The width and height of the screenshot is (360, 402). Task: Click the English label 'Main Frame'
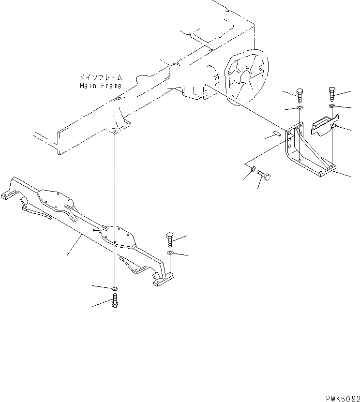(x=101, y=86)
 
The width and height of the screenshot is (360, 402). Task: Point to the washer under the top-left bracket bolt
(x=299, y=108)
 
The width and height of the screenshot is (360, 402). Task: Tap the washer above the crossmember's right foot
(x=169, y=253)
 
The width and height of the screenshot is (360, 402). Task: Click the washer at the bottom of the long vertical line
(x=115, y=289)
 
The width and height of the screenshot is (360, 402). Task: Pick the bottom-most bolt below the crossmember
(x=115, y=304)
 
